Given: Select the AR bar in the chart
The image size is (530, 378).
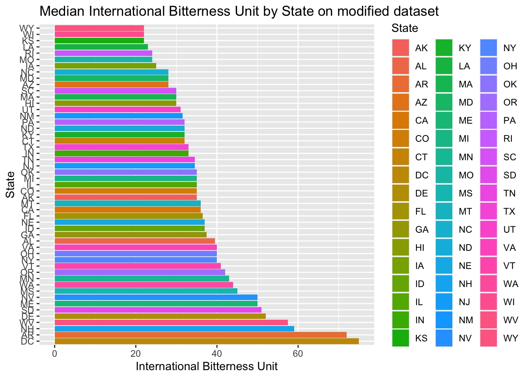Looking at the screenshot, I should (x=200, y=335).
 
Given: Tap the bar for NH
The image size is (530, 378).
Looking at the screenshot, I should (x=174, y=329).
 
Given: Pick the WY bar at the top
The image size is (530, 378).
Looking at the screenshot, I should (x=99, y=28).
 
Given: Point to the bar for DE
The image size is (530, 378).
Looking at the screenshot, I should (x=160, y=316).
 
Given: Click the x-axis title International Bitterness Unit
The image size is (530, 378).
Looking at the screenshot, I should (x=207, y=367).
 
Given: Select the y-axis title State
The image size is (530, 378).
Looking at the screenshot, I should (x=11, y=184).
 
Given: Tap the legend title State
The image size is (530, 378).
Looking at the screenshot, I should (x=405, y=28).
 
